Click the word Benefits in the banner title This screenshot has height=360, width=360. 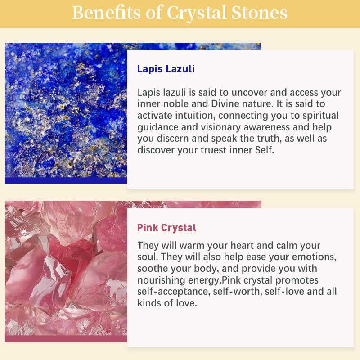point(106,13)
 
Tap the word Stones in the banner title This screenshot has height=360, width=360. point(259,13)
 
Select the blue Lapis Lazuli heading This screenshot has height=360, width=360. point(166,69)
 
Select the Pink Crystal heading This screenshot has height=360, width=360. point(166,228)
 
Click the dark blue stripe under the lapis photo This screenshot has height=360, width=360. point(66,181)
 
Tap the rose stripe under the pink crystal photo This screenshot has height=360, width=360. point(66,339)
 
